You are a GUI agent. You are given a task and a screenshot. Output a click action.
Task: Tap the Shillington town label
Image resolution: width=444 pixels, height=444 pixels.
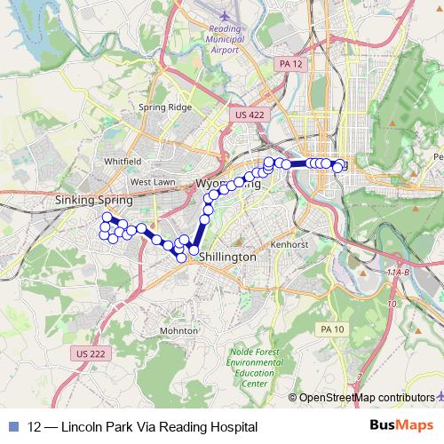pos(228,256)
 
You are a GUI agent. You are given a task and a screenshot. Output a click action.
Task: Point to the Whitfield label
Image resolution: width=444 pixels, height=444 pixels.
pos(123,162)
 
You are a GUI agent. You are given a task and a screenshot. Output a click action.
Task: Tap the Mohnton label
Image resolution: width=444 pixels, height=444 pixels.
pos(179,329)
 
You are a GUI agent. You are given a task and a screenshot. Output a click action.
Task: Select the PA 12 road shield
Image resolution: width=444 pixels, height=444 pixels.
pos(289,64)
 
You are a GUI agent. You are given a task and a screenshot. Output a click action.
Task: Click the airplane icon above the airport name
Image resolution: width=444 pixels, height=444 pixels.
pos(222,15)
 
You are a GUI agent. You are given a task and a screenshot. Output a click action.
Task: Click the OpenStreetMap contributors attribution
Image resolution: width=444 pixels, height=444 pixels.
pos(367,397)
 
